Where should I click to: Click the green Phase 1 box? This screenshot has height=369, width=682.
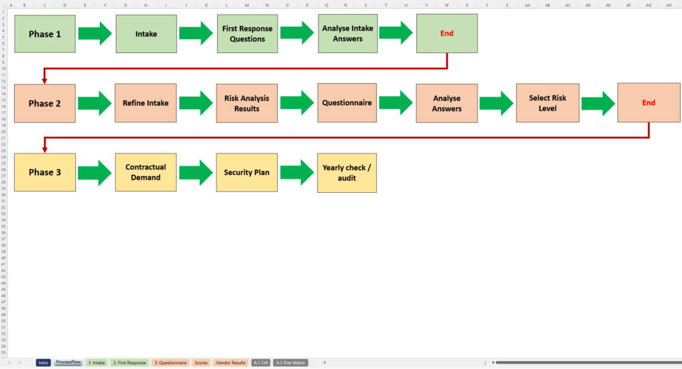tap(45, 34)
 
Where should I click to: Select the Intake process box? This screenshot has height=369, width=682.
tap(146, 34)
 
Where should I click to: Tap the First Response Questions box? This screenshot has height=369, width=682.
tap(247, 34)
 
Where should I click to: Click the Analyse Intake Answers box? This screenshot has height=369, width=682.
tap(347, 34)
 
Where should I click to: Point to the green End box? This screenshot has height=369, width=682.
tap(447, 34)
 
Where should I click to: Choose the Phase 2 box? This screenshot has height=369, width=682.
tap(45, 103)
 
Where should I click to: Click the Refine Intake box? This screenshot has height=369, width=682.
tap(145, 103)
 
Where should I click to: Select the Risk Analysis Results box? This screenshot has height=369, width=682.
tap(246, 103)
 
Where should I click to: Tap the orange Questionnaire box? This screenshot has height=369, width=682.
tap(347, 103)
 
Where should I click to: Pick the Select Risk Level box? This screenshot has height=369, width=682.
tap(547, 103)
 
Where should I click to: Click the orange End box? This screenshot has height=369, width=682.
tap(649, 103)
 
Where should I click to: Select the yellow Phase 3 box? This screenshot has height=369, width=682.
tap(45, 173)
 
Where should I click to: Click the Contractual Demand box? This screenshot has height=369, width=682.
tap(145, 173)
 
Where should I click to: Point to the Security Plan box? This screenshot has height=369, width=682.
tap(246, 173)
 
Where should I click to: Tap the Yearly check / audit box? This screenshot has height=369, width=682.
tap(347, 173)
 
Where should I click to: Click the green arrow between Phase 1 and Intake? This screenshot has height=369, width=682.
tap(95, 33)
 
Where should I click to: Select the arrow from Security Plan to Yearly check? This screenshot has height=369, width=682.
tap(297, 172)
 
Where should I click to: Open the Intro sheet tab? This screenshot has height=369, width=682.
tap(44, 362)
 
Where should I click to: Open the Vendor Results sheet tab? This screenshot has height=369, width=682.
tap(231, 362)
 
